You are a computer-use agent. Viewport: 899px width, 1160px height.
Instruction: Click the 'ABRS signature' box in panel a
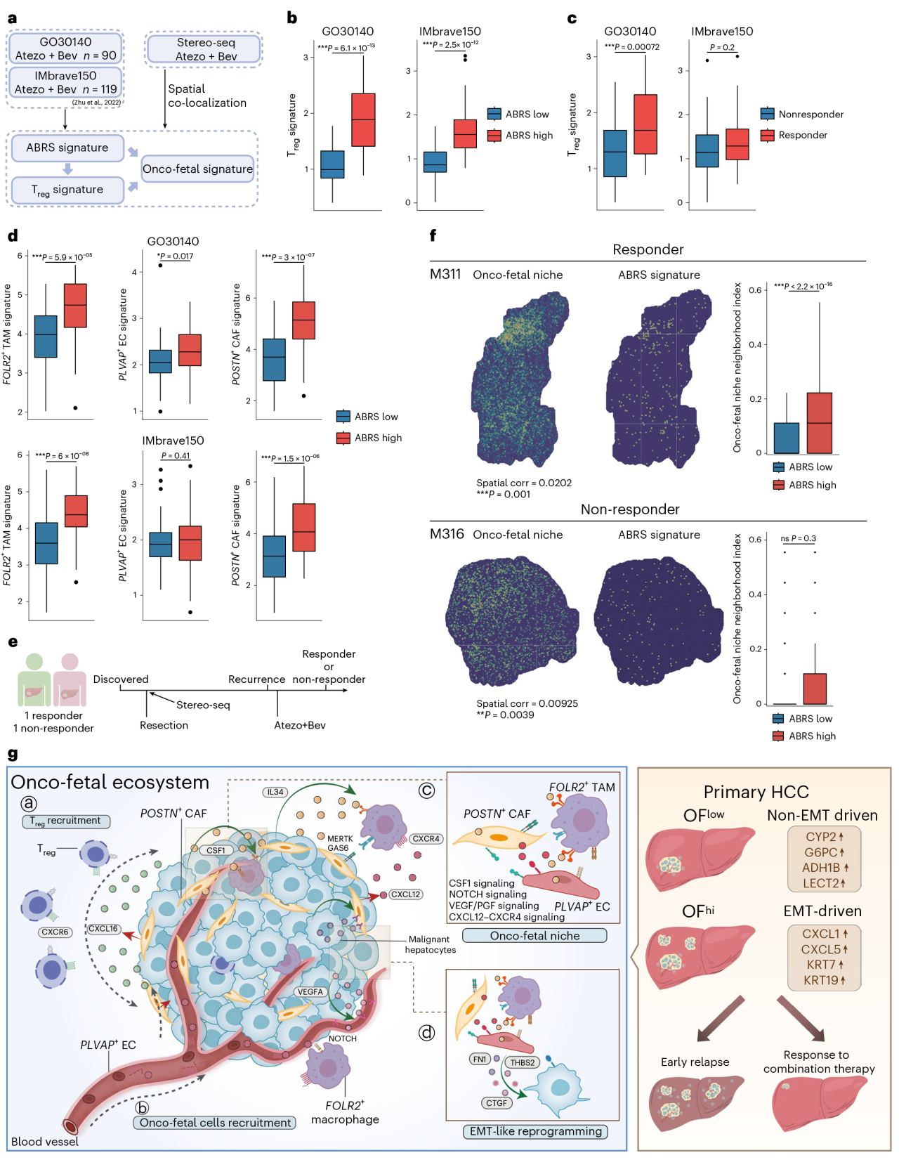tap(67, 148)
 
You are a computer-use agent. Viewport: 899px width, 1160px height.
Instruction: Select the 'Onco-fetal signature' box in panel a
tap(197, 169)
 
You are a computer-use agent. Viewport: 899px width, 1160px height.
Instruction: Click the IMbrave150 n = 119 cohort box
tap(65, 82)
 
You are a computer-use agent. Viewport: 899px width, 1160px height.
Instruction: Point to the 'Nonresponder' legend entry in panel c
tap(811, 114)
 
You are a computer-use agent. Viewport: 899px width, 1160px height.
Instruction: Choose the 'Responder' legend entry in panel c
tap(802, 135)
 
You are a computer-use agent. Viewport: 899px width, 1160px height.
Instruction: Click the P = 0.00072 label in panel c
tap(631, 47)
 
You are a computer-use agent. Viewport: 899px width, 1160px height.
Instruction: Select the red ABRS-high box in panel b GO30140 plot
tap(363, 119)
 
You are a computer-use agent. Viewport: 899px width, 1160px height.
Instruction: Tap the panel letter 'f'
tap(433, 236)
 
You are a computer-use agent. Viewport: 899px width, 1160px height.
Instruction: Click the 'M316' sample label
tap(447, 534)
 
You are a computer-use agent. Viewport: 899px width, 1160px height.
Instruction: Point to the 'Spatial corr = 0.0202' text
tap(524, 483)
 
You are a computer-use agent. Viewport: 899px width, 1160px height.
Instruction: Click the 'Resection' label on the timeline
tap(164, 725)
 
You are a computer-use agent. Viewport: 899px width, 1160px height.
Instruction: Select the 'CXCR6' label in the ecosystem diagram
tap(55, 932)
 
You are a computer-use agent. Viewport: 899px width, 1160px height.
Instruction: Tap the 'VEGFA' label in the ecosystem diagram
tap(310, 992)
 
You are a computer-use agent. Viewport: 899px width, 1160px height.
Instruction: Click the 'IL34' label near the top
tap(275, 792)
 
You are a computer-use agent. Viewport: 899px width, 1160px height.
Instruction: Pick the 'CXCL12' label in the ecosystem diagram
tap(405, 894)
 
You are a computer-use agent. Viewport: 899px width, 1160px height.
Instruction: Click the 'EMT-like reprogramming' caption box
tap(535, 1131)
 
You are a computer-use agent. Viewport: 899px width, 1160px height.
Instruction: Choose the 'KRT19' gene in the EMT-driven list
tap(822, 980)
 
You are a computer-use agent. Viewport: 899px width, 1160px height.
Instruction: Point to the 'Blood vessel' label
tap(45, 1142)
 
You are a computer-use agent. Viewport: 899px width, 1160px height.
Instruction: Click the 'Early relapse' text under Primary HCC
tap(695, 1062)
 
